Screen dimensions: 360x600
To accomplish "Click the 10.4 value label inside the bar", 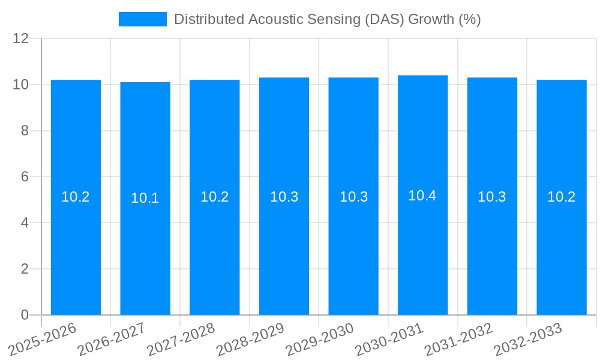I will (422, 196).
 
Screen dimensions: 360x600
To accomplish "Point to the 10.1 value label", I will (145, 198).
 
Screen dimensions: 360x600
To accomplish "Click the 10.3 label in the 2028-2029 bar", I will (284, 197).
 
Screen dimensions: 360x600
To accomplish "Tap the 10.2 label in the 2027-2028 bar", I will (214, 197).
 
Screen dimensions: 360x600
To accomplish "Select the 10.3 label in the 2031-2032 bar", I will (492, 197).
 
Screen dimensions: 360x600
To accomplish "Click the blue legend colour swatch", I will (143, 19).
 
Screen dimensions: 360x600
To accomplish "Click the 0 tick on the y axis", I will (25, 315).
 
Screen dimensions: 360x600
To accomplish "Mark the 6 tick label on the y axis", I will (25, 177).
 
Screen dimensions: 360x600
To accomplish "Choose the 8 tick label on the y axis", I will (25, 131).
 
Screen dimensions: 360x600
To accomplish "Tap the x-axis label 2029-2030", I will (320, 339).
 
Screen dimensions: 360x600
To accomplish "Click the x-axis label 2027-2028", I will (181, 339).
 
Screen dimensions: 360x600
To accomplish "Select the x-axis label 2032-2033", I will (528, 339).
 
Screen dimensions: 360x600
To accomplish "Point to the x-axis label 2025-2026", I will (42, 339).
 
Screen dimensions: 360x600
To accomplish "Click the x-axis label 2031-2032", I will (458, 339).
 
